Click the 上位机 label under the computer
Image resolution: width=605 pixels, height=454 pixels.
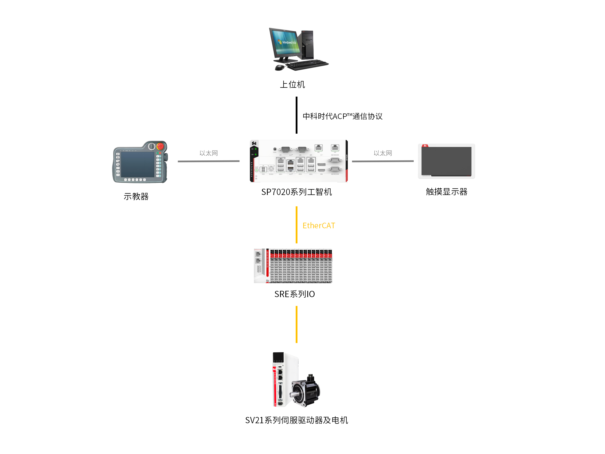pos(292,84)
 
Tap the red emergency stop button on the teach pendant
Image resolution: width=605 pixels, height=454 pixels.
pos(160,146)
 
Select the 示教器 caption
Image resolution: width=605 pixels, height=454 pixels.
pos(136,196)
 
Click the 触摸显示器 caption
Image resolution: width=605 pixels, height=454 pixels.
pos(446,191)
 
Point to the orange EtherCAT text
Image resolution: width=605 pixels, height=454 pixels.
pos(319,225)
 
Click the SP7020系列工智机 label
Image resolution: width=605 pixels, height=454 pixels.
pos(296,192)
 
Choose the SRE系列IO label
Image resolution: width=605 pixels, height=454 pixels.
pos(295,294)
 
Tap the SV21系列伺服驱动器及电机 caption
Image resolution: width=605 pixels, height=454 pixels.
pos(296,420)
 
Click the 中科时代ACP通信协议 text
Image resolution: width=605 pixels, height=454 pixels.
pos(342,116)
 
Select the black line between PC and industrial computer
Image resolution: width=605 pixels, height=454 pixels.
pos(296,115)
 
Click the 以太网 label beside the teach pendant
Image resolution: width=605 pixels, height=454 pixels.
pos(208,153)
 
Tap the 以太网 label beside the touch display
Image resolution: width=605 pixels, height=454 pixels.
pos(383,153)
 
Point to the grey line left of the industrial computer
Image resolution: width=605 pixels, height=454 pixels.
pos(208,161)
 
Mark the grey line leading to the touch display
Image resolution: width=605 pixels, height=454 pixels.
pos(383,161)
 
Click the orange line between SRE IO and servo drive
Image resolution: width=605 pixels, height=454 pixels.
pos(296,324)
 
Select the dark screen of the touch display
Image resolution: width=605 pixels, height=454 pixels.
pos(446,161)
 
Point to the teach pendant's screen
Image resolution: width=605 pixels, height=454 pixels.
pos(138,164)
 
